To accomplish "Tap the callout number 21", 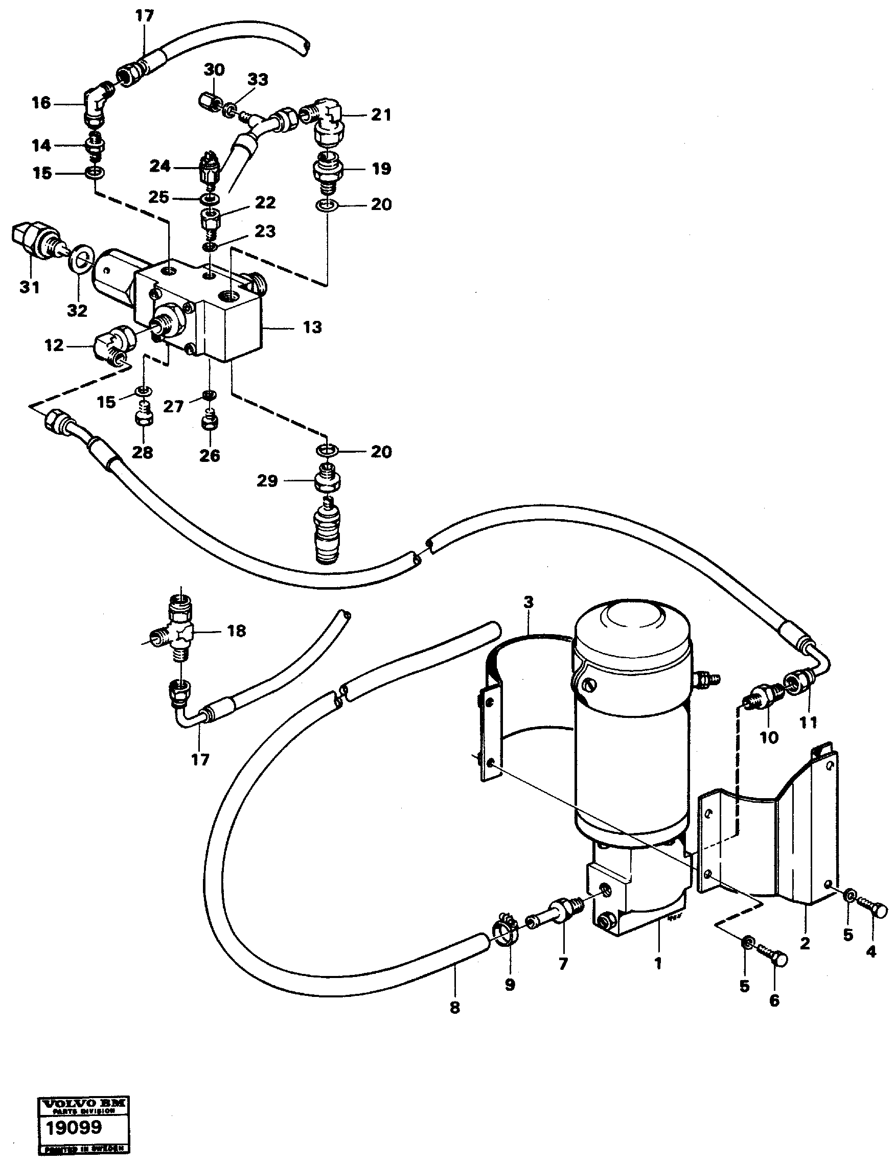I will pyautogui.click(x=381, y=114).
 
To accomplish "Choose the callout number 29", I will pyautogui.click(x=267, y=481).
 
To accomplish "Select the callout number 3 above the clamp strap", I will pyautogui.click(x=528, y=602).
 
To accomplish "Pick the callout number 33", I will pyautogui.click(x=258, y=80).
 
